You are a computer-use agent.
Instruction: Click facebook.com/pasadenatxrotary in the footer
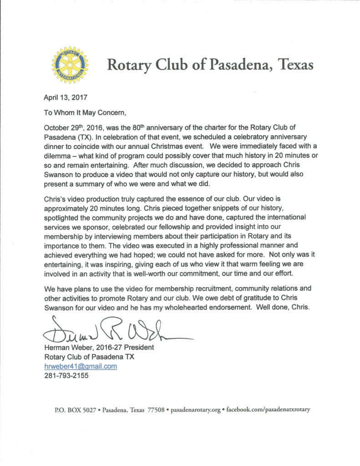(268, 410)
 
